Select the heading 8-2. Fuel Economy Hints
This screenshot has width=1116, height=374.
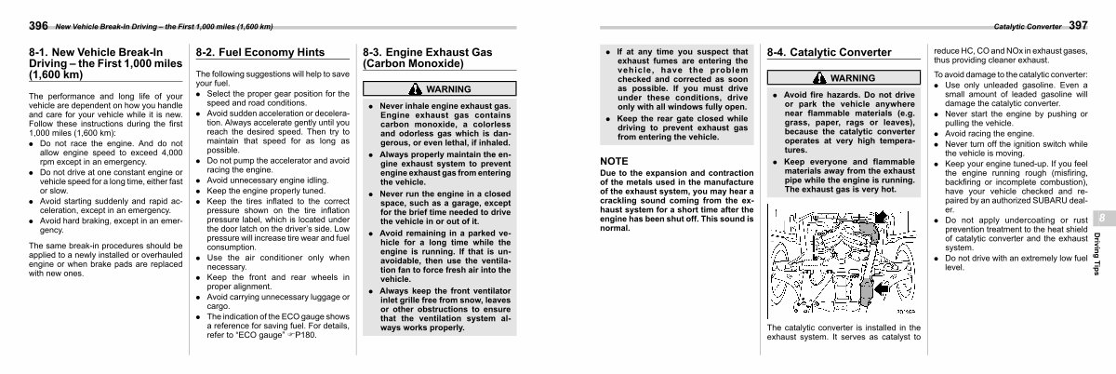(246, 53)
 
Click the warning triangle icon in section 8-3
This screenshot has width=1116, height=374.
(413, 89)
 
